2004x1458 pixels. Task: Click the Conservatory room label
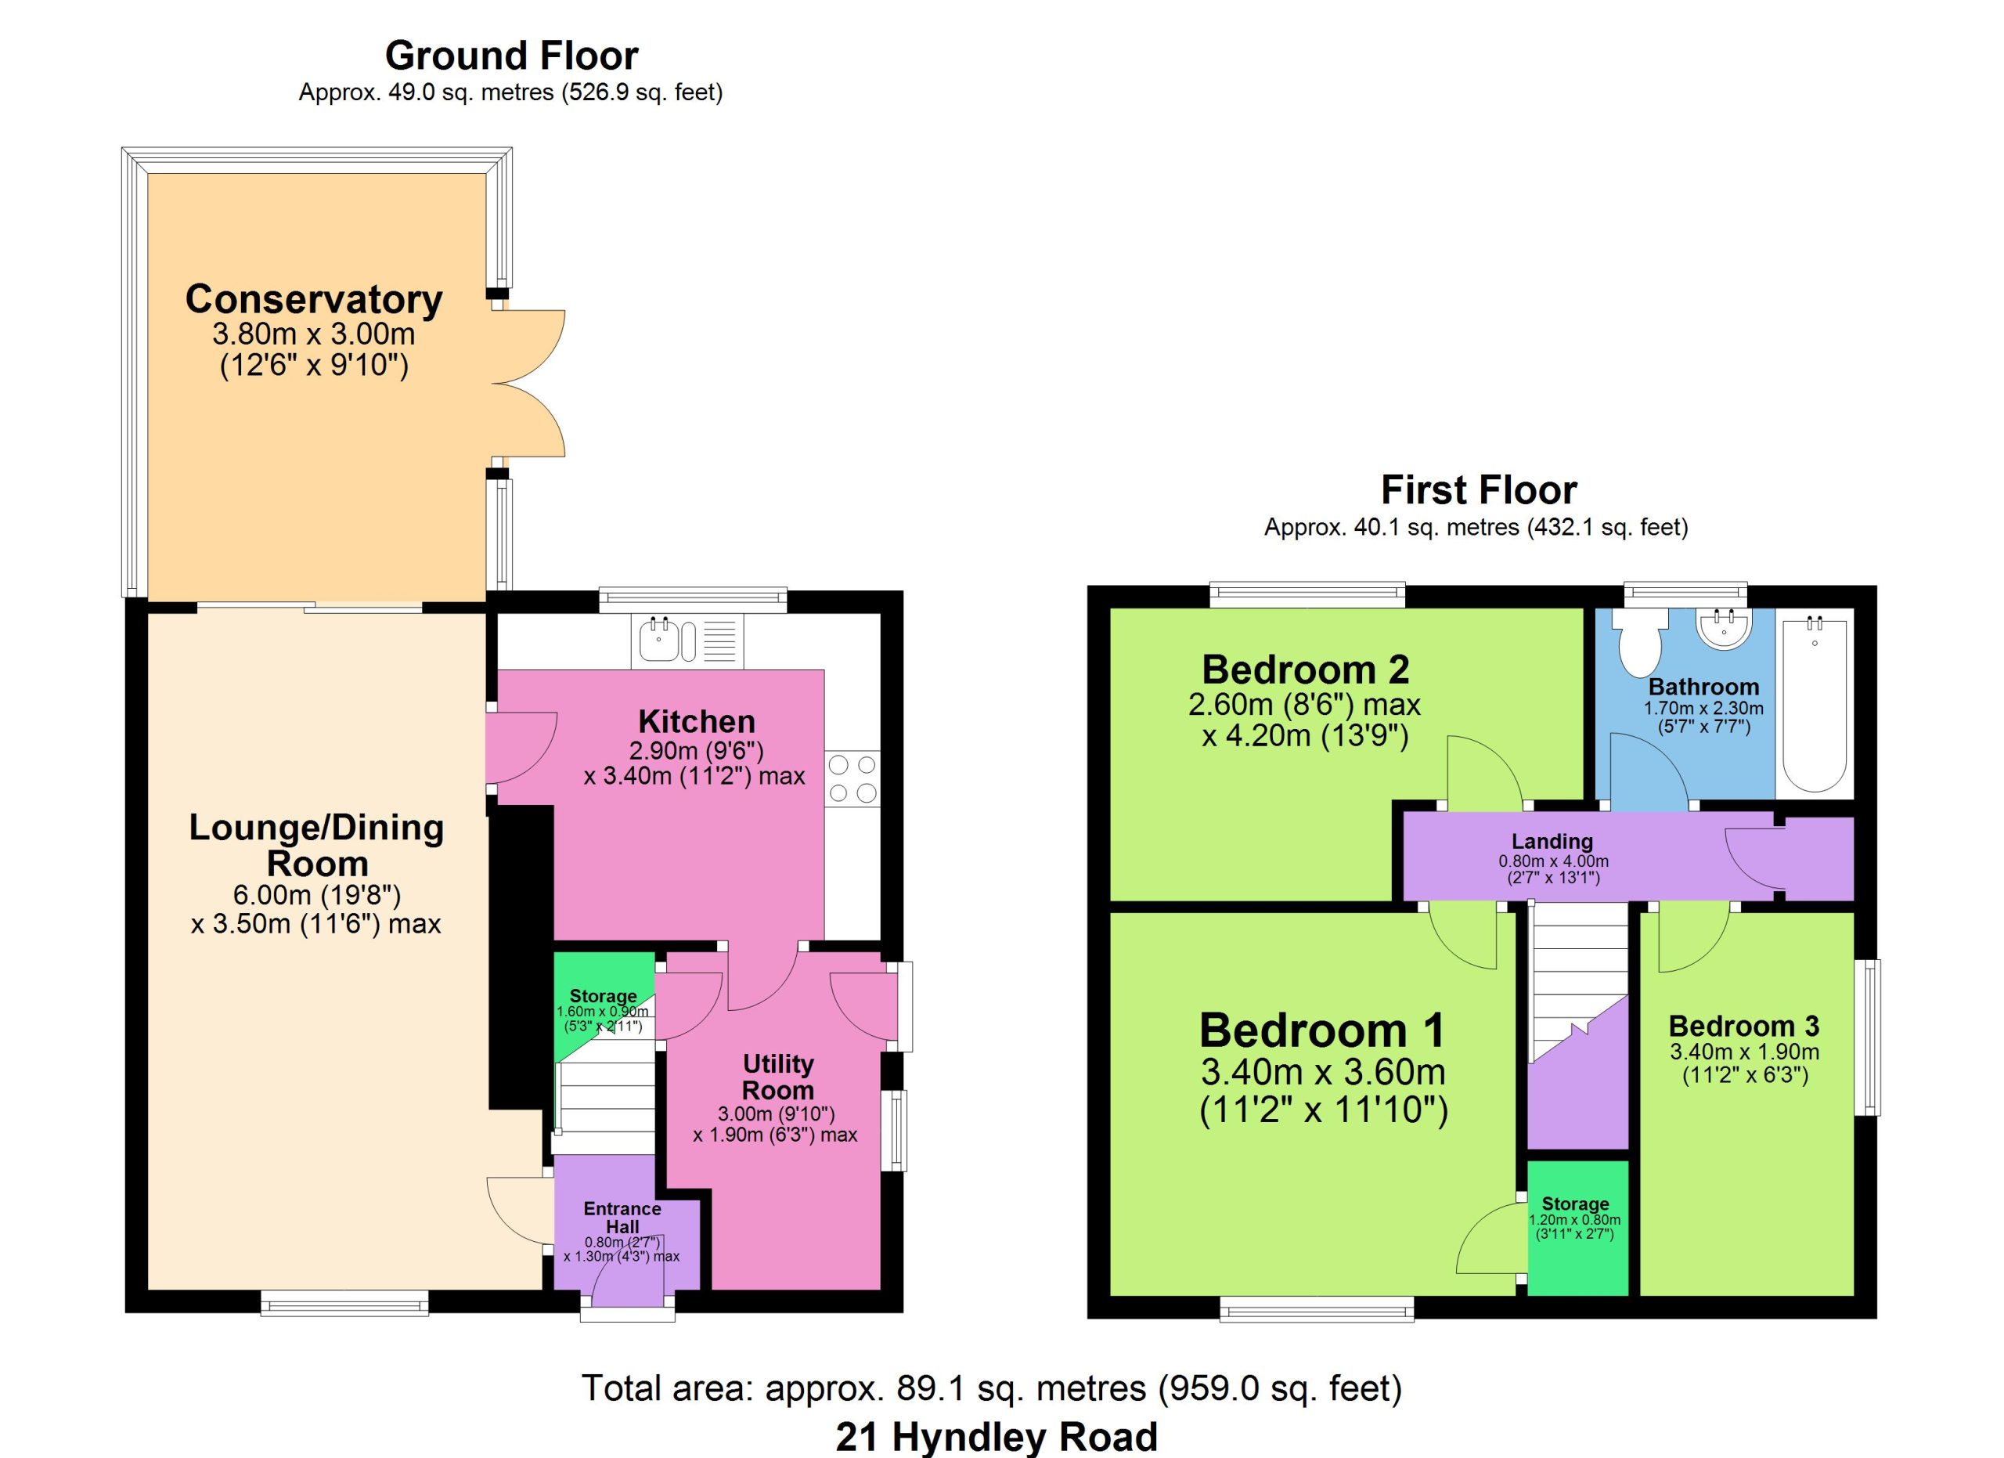(314, 300)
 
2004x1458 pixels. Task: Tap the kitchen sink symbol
(687, 641)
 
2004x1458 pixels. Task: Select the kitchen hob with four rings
(853, 778)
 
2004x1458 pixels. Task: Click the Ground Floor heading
(512, 56)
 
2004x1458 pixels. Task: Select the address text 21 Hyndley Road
(997, 1437)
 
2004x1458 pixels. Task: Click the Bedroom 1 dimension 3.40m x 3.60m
(1323, 1072)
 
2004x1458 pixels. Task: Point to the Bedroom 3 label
(1743, 1026)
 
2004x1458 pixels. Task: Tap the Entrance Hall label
(622, 1218)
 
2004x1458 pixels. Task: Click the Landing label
(1552, 841)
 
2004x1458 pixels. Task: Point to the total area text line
(991, 1388)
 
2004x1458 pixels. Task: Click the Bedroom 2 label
(1305, 669)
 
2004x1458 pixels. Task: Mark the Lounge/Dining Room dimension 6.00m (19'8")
(295, 895)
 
